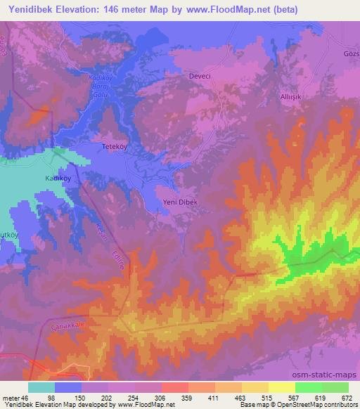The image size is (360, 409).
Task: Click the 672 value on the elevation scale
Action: click(x=347, y=397)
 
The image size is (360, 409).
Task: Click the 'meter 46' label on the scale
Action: click(x=13, y=397)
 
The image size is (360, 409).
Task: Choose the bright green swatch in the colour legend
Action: click(x=308, y=387)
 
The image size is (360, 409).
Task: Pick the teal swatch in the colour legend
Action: click(x=41, y=387)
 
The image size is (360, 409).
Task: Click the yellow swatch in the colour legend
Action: click(x=281, y=387)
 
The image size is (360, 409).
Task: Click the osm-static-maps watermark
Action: click(x=329, y=376)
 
